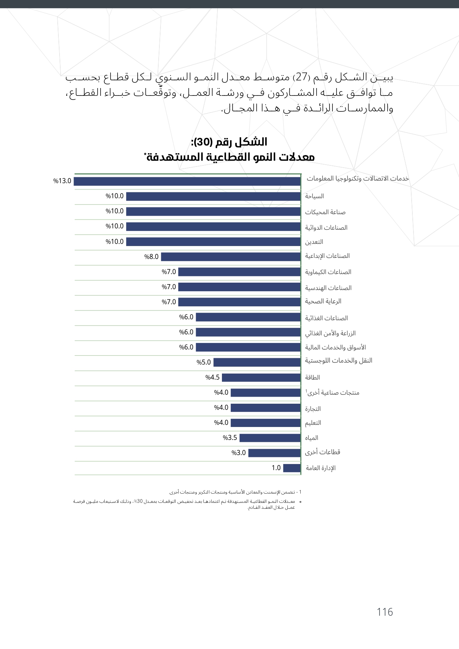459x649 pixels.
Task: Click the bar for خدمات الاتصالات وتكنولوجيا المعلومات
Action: (187, 181)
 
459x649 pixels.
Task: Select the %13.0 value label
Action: (62, 181)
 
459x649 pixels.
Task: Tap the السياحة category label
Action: (314, 196)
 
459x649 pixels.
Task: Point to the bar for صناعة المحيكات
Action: (213, 212)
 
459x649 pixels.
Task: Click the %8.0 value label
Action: (151, 257)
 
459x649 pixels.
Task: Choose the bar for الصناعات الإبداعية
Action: (231, 257)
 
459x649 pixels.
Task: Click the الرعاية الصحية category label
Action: (323, 301)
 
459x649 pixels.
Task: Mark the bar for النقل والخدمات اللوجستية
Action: (257, 362)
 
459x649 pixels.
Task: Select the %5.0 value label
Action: (203, 362)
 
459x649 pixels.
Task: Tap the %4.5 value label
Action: (212, 377)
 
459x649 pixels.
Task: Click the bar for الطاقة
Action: (261, 377)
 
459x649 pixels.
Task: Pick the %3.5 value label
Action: (230, 438)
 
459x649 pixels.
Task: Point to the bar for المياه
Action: (270, 438)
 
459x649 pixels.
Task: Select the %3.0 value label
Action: (239, 453)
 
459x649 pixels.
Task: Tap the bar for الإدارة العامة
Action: (292, 468)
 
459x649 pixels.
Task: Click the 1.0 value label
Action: (276, 468)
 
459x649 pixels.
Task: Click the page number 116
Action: (385, 612)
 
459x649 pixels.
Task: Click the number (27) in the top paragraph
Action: (301, 77)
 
